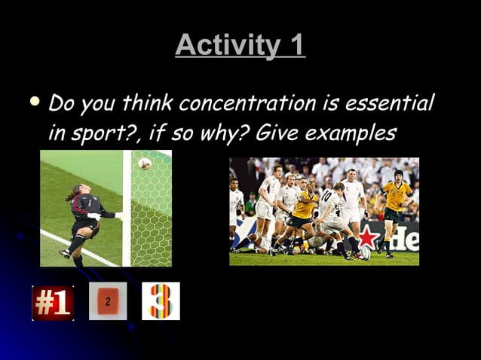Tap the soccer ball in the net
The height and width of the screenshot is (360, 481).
(144, 163)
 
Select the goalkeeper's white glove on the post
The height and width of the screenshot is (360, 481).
(119, 215)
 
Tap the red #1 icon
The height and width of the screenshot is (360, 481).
(53, 303)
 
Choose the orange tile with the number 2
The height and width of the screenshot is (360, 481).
(108, 301)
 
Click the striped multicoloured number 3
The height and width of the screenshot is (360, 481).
(161, 301)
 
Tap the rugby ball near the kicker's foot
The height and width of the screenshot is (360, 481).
(365, 252)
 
